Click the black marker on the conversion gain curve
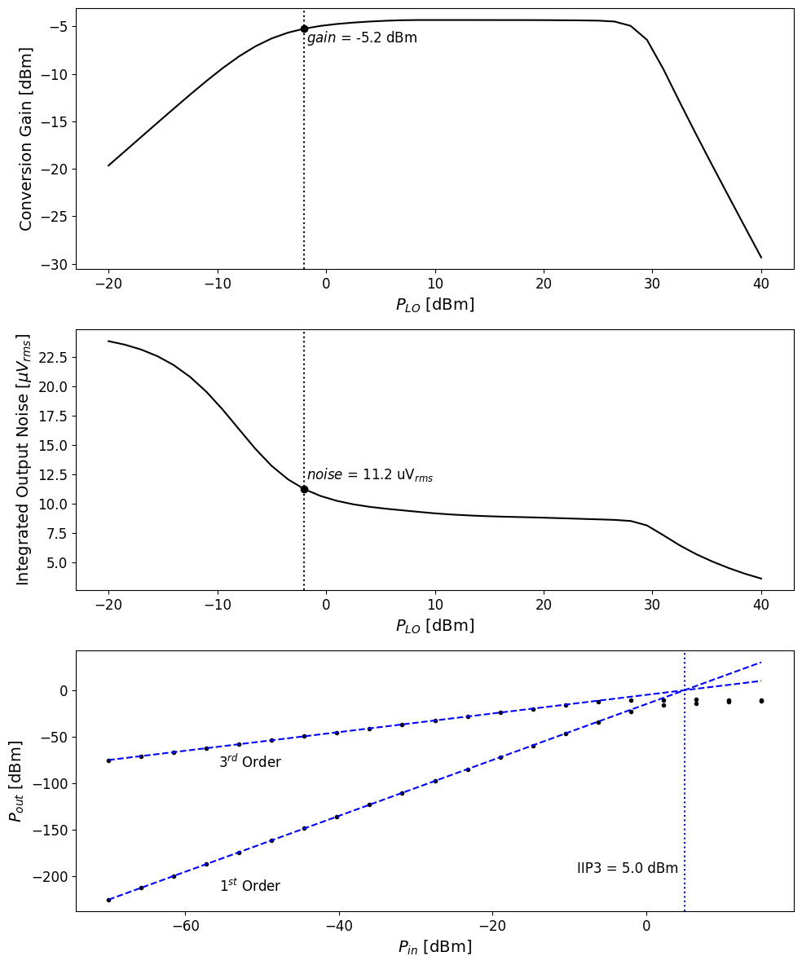[304, 29]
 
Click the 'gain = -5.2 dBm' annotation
[362, 38]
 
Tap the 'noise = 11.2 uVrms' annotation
[370, 475]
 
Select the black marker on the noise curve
[304, 489]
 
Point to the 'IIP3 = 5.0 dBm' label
[628, 869]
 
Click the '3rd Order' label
[249, 762]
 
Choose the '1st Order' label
[249, 886]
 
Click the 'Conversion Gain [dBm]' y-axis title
[26, 139]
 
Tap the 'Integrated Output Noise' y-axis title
[24, 459]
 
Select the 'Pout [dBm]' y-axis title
[16, 781]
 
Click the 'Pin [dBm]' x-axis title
[434, 947]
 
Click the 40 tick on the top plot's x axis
[761, 284]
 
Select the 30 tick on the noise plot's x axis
[652, 605]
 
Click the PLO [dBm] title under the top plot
[434, 305]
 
